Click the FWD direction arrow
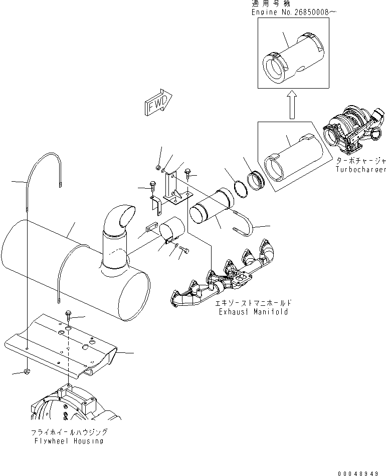[157, 104]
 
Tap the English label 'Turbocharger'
[361, 170]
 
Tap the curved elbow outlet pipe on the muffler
[118, 225]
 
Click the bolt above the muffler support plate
[68, 315]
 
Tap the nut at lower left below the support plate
[25, 371]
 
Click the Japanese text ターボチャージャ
[361, 162]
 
